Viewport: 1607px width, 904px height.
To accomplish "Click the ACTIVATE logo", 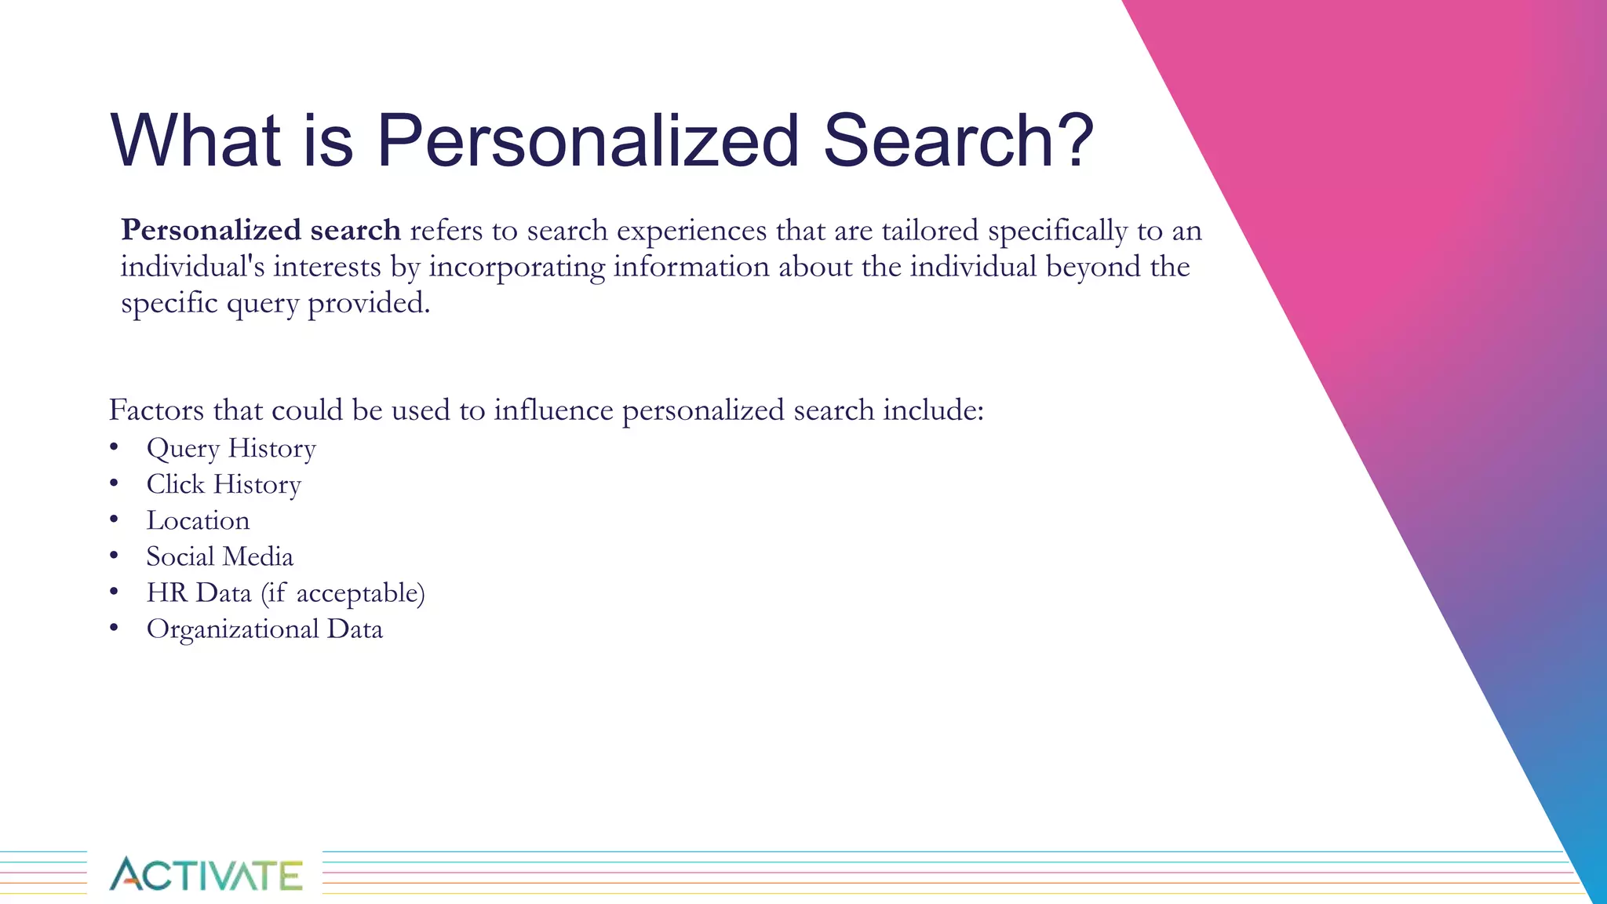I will click(x=206, y=874).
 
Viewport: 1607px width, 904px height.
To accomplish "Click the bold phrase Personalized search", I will click(x=261, y=230).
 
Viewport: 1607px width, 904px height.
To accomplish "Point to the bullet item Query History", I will click(x=231, y=448).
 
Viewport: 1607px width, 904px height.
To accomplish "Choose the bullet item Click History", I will click(x=224, y=484).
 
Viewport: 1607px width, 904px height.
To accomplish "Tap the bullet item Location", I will click(x=198, y=520).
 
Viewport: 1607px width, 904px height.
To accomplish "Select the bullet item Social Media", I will click(x=220, y=556).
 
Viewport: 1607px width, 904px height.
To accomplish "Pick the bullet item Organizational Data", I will click(x=264, y=629).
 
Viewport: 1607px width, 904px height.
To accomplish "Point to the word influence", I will click(x=553, y=410).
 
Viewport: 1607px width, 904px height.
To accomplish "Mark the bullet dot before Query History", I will click(x=114, y=447).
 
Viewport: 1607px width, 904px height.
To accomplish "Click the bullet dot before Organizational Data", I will click(x=114, y=628).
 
